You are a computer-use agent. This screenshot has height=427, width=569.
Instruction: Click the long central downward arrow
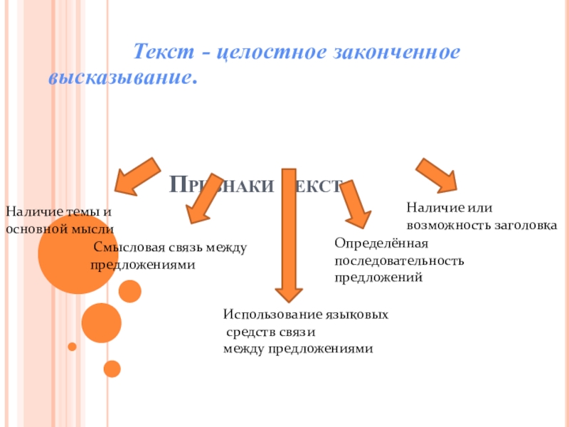[288, 235]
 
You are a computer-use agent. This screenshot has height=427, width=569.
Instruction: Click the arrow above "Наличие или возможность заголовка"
[437, 175]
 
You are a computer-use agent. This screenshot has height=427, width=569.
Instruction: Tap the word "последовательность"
[399, 260]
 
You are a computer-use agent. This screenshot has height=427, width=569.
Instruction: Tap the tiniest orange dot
[72, 347]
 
